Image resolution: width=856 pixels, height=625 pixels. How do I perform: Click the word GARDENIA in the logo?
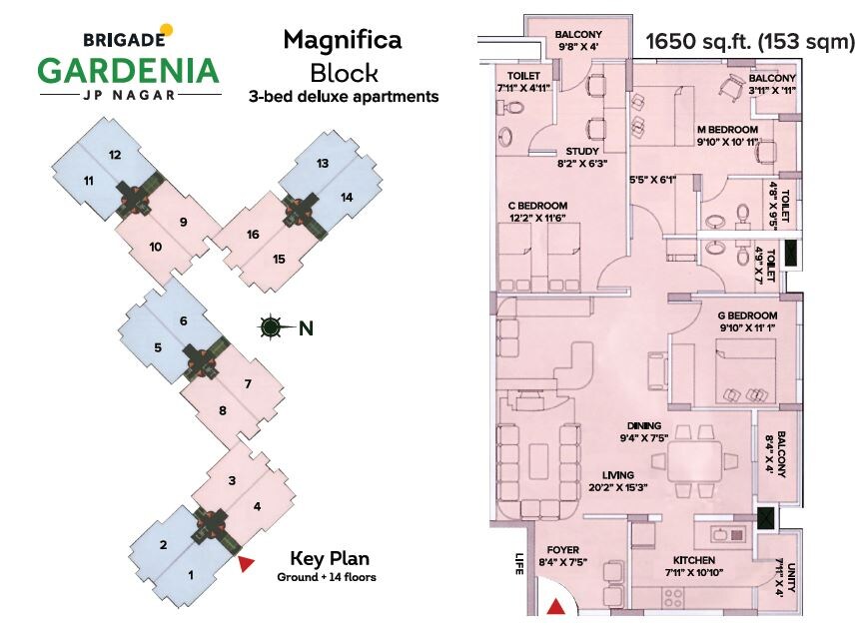click(127, 71)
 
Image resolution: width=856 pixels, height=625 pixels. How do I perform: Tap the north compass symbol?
click(270, 326)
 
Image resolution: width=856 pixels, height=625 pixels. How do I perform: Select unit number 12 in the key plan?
click(115, 155)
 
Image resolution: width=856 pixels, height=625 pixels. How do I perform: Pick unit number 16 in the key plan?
click(253, 235)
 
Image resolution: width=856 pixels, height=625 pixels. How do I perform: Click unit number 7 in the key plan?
click(247, 384)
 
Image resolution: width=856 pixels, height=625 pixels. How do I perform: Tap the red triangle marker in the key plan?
click(246, 565)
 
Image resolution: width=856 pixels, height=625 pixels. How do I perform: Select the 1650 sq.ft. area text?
click(709, 42)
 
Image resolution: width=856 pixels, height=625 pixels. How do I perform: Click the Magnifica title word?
click(343, 40)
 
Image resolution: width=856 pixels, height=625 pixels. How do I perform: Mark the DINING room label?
click(634, 424)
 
